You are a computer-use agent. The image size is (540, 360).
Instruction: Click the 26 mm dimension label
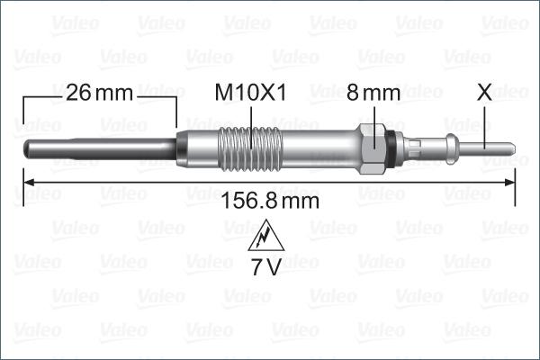(98, 93)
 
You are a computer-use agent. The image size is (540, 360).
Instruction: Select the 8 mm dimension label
(374, 93)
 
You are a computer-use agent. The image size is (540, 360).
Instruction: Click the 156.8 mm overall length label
(269, 202)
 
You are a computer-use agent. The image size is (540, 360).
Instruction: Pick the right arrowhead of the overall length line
(509, 184)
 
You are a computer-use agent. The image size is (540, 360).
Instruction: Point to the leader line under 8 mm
(374, 114)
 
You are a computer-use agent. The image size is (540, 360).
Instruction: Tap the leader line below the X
(486, 121)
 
